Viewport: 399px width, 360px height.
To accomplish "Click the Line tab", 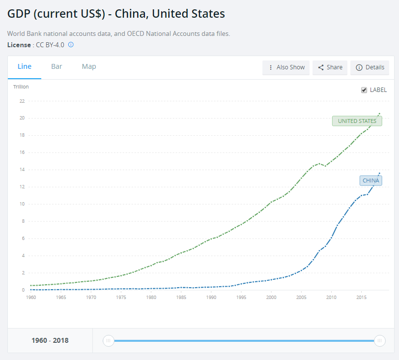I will (x=25, y=67).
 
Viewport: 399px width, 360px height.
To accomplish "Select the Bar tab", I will (x=57, y=67).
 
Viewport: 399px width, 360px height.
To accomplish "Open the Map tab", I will (x=89, y=67).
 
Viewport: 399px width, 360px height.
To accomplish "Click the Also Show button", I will (x=286, y=67).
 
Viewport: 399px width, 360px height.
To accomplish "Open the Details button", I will (x=370, y=67).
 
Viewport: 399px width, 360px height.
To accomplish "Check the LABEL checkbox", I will (x=364, y=90).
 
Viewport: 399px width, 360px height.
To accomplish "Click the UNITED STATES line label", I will (x=357, y=121).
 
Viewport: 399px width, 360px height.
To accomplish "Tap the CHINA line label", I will (x=370, y=180).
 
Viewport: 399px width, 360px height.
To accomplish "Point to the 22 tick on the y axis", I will (x=22, y=101).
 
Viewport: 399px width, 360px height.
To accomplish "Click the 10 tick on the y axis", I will (x=22, y=204).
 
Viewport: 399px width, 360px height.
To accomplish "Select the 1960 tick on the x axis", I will (x=31, y=298).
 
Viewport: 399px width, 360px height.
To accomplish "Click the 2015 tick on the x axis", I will (x=362, y=298).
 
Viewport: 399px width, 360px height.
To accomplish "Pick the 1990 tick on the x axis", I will (x=211, y=298).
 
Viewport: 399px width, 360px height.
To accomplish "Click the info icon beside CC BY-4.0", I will (x=71, y=45).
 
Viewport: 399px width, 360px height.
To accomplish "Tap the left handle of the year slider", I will (x=109, y=340).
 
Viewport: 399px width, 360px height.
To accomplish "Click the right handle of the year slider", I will (x=379, y=340).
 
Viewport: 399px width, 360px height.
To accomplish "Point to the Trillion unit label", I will (x=21, y=87).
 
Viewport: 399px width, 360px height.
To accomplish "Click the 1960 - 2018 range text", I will (x=50, y=340).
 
